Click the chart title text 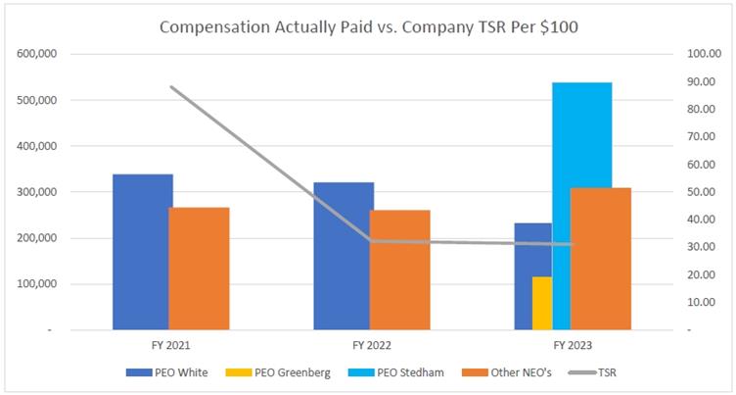369,26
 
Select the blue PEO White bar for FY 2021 142,253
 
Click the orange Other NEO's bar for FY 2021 199,270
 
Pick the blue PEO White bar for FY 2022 343,257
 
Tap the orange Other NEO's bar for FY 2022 399,271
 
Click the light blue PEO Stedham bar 582,207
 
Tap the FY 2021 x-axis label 170,345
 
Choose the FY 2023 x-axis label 573,345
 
